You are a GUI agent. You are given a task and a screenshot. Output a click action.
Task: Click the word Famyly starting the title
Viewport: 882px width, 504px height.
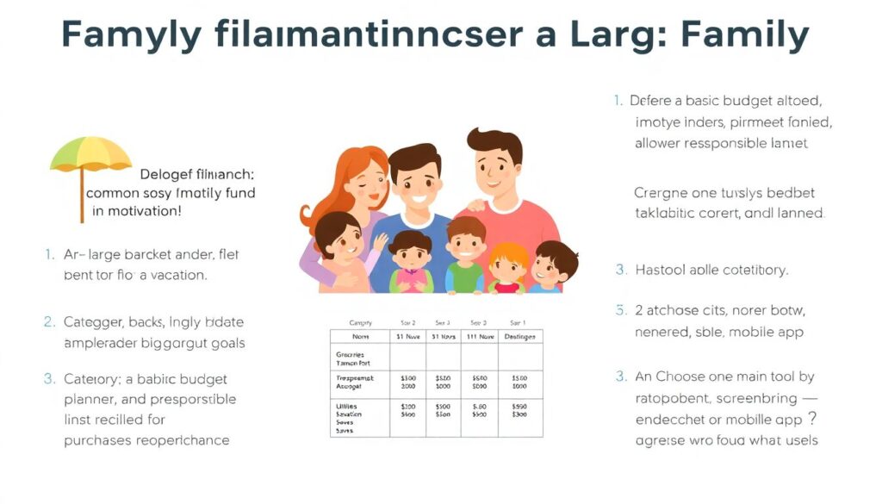132,34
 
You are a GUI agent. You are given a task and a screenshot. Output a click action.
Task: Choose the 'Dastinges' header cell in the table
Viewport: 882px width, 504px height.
519,337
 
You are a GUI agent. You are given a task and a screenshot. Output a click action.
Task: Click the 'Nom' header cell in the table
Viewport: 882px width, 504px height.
359,337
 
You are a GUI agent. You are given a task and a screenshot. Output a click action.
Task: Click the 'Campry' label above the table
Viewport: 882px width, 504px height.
359,321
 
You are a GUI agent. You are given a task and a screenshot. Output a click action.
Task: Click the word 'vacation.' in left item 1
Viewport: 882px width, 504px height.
177,275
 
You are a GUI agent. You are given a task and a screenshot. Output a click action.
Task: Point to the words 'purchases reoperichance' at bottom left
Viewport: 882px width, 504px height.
146,440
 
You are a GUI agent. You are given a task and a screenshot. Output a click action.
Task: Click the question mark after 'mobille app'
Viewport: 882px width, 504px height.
811,419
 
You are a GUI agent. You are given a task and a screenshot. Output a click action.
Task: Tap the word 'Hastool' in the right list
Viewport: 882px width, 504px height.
662,270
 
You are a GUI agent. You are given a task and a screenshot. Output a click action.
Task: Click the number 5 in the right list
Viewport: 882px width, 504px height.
619,309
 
